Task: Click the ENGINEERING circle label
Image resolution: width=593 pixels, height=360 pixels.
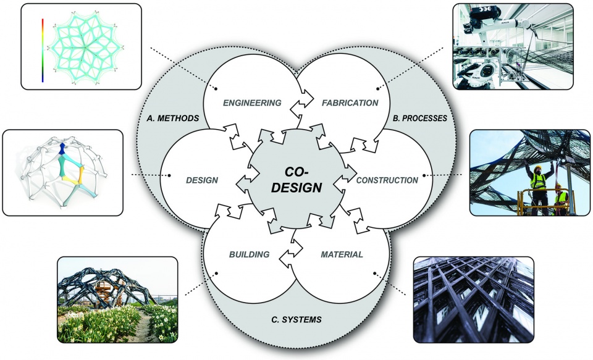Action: [252, 103]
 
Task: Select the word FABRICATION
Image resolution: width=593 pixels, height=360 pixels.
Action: [350, 103]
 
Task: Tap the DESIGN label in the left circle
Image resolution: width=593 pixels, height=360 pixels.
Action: [202, 180]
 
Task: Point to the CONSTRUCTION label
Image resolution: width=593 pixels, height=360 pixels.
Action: [387, 180]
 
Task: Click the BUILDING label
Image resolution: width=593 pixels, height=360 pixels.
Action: [249, 254]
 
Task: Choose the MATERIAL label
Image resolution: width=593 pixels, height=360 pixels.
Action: [342, 254]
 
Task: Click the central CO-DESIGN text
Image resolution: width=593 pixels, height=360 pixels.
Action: [297, 180]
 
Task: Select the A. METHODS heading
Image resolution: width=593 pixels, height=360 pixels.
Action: [173, 119]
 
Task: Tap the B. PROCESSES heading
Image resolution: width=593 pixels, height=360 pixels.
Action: [420, 119]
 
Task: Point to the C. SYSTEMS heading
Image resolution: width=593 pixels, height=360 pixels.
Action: [296, 319]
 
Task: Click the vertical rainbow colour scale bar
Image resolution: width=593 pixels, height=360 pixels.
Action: [43, 50]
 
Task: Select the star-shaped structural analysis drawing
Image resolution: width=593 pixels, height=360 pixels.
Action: [86, 47]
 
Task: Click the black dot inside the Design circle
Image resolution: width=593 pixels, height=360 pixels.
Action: [169, 175]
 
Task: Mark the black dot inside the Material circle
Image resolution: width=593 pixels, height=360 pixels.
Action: [375, 273]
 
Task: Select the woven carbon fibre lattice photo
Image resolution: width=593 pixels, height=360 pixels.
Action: [474, 299]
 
